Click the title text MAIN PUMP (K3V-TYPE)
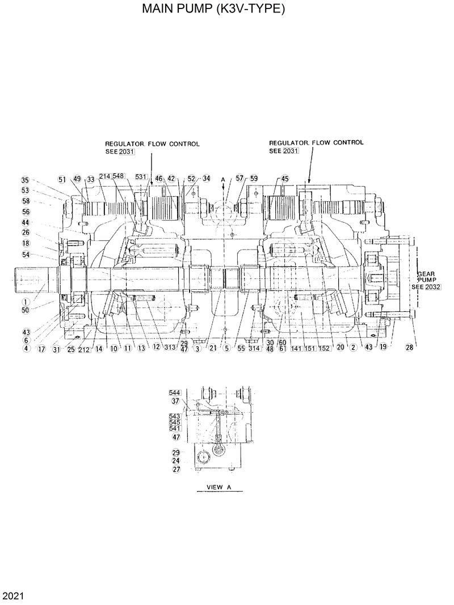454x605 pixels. [x=213, y=10]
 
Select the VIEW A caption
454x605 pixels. [x=218, y=487]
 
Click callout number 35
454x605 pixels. [x=25, y=180]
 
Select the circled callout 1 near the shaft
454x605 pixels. [x=25, y=301]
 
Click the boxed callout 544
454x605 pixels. [x=175, y=392]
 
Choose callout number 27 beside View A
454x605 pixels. [x=176, y=469]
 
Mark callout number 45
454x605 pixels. [x=284, y=179]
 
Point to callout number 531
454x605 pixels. [x=141, y=177]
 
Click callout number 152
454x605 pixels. [x=324, y=348]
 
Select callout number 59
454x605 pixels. [x=254, y=178]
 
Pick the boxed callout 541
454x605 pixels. [x=175, y=429]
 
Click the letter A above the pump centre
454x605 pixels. [x=223, y=179]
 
